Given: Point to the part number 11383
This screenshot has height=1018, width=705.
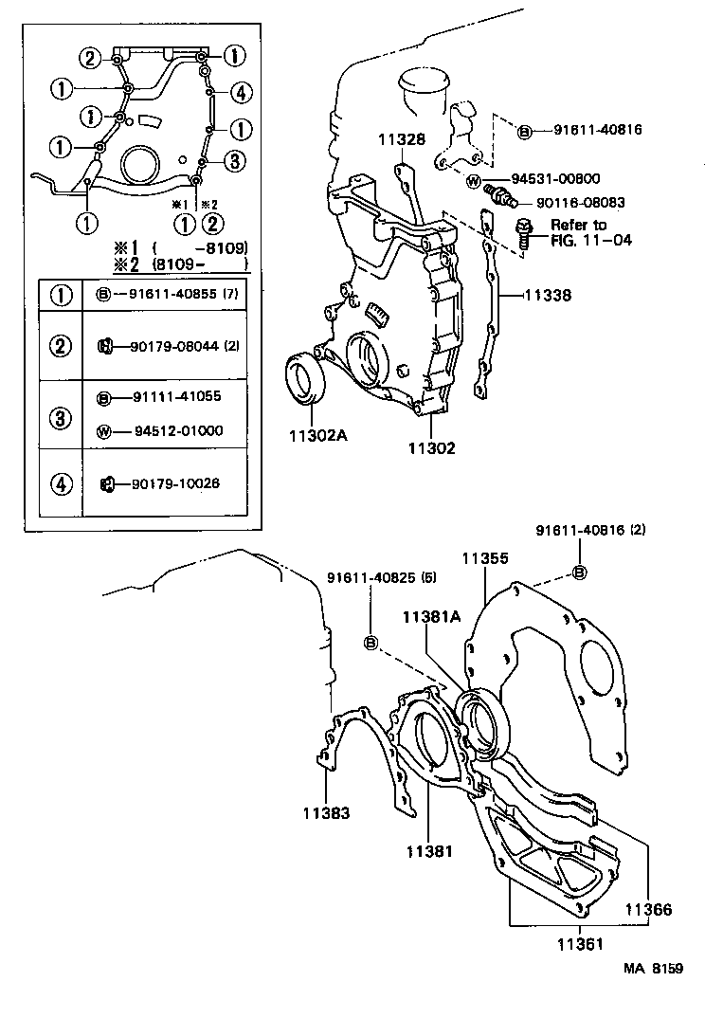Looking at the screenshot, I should click(327, 812).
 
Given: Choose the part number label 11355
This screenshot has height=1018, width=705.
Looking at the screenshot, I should click(485, 559).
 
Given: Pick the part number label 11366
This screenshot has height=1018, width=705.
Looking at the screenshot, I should click(648, 910).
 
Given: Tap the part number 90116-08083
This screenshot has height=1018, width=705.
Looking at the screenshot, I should click(581, 202).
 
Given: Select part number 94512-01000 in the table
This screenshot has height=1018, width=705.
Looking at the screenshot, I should click(170, 431).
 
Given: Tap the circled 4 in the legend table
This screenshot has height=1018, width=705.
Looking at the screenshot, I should click(62, 483).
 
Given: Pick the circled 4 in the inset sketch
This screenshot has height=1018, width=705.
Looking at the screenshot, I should click(241, 92).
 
